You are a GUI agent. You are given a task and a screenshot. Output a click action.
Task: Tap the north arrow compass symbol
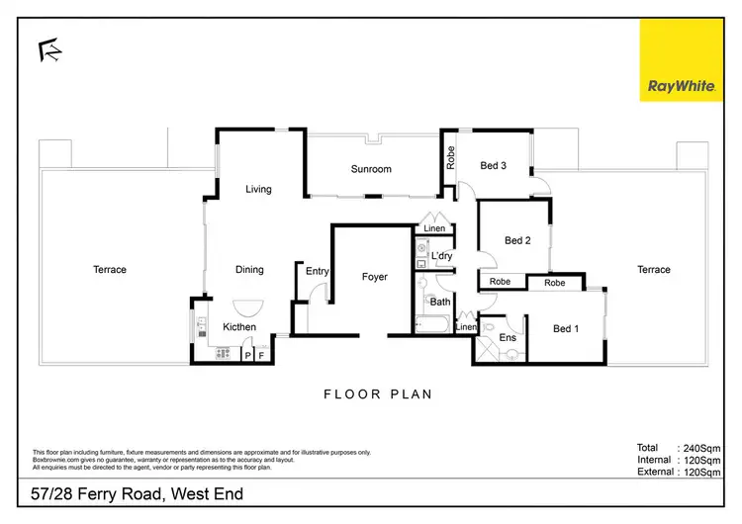[46, 49]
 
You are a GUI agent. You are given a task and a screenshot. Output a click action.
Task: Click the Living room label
[259, 189]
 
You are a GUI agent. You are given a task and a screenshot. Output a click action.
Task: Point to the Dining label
[249, 269]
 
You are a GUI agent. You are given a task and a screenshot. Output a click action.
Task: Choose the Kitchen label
[239, 326]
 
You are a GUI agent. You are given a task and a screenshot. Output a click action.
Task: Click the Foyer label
[374, 277]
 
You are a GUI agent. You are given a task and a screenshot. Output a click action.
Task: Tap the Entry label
[318, 271]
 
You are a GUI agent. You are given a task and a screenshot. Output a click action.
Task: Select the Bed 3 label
[494, 165]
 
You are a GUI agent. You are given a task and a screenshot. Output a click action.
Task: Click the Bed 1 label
[565, 328]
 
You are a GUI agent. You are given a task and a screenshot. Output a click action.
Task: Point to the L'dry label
[441, 257]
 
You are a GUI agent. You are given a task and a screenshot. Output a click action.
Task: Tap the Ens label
[508, 338]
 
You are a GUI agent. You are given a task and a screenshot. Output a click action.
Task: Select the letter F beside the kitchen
[261, 354]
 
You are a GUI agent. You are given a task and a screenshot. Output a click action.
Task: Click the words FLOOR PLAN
[378, 393]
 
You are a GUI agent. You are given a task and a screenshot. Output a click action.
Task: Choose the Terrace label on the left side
[110, 269]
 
